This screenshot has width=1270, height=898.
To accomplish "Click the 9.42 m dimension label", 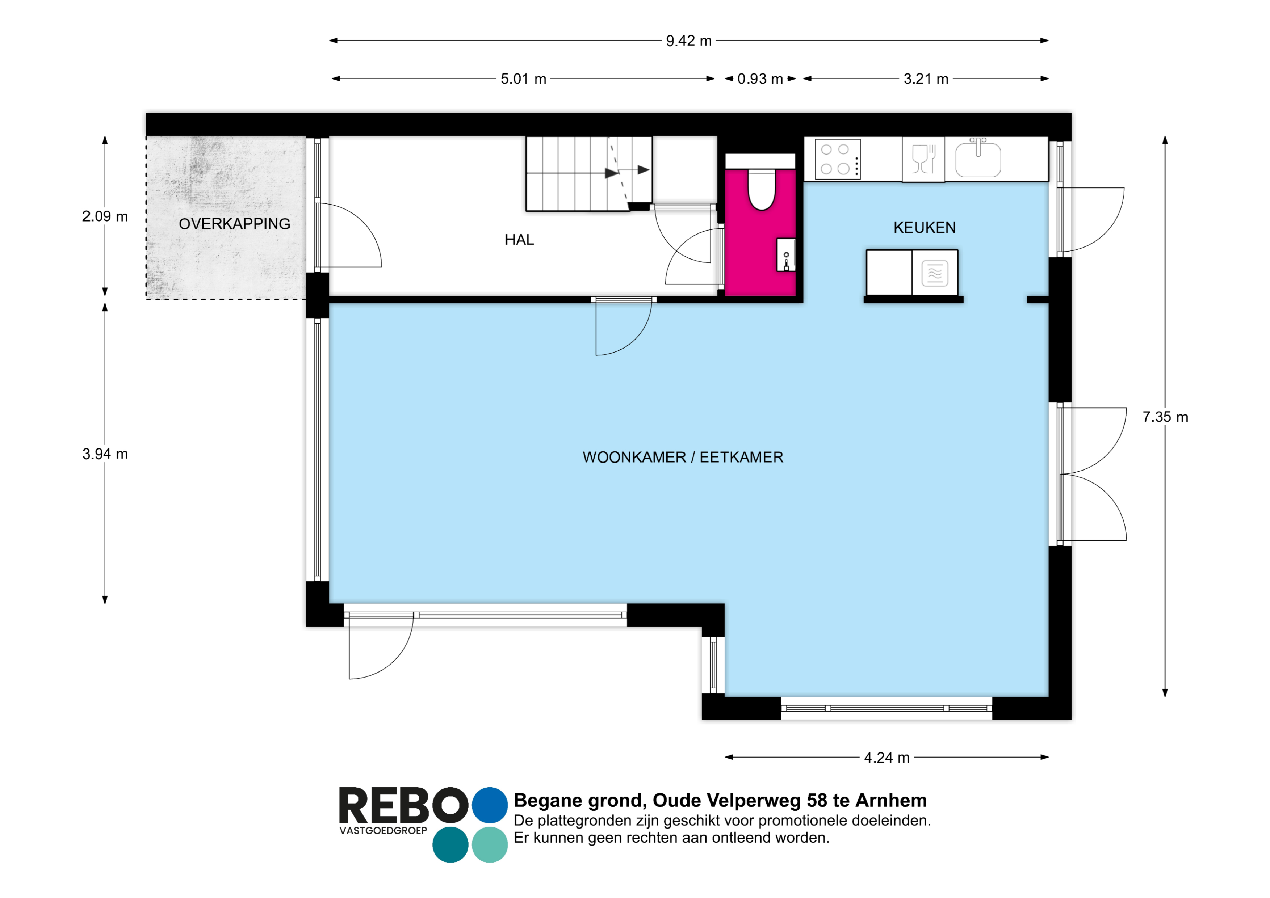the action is (x=689, y=41).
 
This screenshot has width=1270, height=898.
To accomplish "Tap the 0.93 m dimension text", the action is (x=760, y=79).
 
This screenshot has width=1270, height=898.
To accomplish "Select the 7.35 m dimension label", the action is (x=1165, y=417).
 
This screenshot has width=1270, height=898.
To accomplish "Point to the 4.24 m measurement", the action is (x=887, y=758).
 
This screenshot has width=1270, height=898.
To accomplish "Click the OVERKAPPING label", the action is (x=235, y=224).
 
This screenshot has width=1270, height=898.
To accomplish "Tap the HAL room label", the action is (x=519, y=240).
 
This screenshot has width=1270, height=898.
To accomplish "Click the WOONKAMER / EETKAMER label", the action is (x=683, y=457).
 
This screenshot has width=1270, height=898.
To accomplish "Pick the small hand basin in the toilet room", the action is (x=786, y=255).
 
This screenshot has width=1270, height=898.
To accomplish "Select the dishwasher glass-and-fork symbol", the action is (x=923, y=159).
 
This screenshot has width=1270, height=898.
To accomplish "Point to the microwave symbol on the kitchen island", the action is (x=935, y=273).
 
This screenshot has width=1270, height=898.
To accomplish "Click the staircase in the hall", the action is (x=588, y=174).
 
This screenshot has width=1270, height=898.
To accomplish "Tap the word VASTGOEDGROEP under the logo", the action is (x=383, y=831).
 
